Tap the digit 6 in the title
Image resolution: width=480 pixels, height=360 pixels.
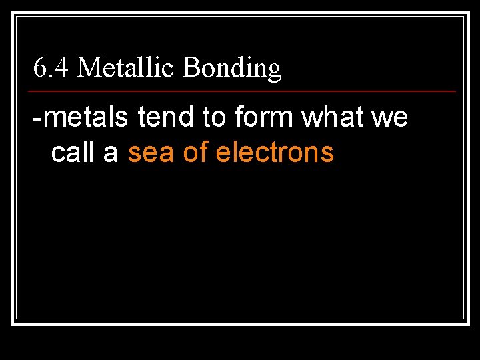39,67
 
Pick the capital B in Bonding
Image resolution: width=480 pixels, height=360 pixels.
190,67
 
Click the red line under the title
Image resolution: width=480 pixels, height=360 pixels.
243,91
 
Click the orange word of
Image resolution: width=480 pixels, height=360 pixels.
195,153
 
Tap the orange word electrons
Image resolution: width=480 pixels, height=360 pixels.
275,153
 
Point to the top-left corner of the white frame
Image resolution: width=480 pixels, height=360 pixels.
13,13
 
